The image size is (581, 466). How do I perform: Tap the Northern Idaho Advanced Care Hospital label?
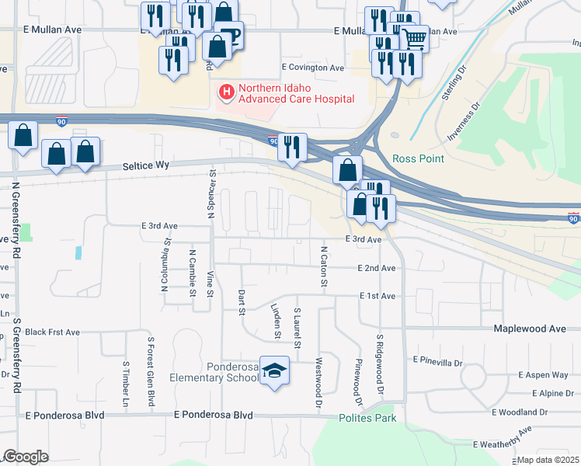[296, 93]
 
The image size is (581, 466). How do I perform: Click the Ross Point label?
[418, 158]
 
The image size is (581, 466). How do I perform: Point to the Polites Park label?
[367, 418]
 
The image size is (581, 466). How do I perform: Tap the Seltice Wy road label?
[146, 167]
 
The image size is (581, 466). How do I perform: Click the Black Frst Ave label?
[52, 332]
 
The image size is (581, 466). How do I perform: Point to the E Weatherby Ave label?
[503, 439]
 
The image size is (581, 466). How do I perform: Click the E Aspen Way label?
[542, 374]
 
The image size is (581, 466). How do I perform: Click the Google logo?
[26, 457]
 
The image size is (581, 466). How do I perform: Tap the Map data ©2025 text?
[548, 460]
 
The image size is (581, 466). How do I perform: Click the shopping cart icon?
[414, 37]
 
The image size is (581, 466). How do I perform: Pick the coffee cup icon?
[231, 33]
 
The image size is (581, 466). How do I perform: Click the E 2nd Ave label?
[377, 268]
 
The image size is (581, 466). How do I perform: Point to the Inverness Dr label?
[464, 122]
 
